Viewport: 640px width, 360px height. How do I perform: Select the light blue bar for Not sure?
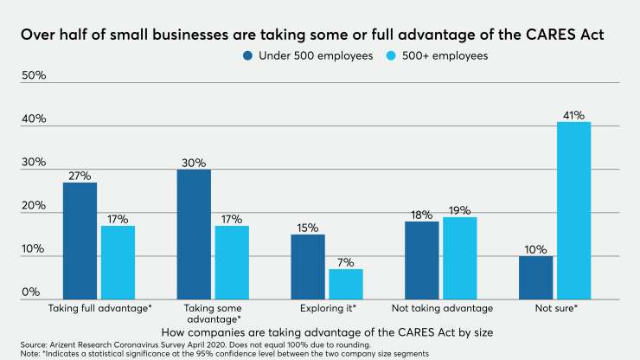tap(573, 210)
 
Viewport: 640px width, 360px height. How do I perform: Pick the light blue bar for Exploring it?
tap(345, 284)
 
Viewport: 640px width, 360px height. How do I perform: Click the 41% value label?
tap(573, 114)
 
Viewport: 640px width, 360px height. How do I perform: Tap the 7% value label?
tap(345, 261)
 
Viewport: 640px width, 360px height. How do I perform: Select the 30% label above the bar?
tap(193, 162)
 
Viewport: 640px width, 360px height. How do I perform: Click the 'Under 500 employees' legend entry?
tap(305, 55)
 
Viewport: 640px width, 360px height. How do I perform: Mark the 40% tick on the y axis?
tap(33, 119)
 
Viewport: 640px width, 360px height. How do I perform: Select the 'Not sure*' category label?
tap(554, 307)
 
